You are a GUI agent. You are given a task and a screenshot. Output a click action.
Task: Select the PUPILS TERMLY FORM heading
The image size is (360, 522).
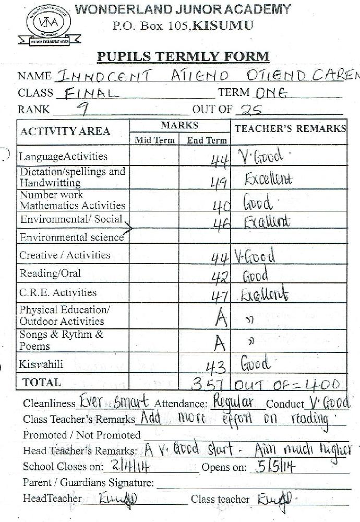[183, 56]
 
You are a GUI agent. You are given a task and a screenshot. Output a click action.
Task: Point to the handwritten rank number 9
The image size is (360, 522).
[81, 108]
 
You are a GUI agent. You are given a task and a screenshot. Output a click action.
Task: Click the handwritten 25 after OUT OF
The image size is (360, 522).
[248, 110]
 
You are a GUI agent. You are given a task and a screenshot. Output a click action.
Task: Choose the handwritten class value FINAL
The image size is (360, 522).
[90, 93]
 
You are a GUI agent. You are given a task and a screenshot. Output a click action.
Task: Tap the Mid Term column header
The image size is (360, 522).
[154, 140]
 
